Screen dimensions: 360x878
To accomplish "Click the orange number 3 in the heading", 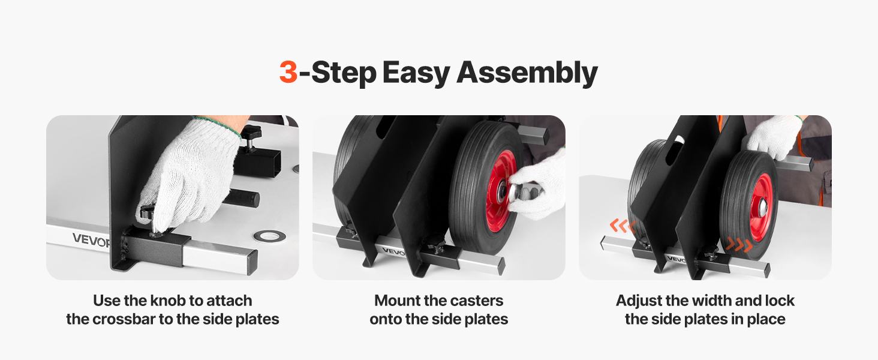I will coord(288,73).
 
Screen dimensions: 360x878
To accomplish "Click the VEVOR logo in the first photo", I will coord(89,239).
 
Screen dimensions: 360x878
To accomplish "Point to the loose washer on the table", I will coord(268,236).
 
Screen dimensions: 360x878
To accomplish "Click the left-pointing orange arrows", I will coord(622,226).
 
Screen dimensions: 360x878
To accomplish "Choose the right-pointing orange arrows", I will coord(739,245).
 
